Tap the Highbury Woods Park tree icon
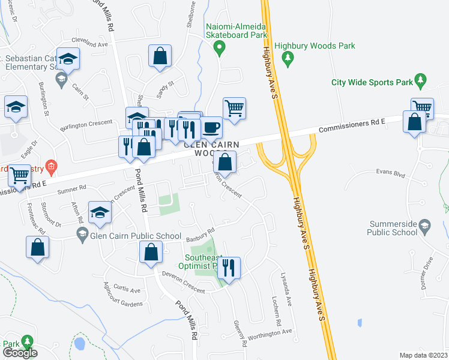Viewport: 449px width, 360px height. pyautogui.click(x=289, y=57)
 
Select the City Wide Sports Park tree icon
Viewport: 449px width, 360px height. pyautogui.click(x=421, y=79)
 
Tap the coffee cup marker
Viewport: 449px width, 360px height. pyautogui.click(x=211, y=127)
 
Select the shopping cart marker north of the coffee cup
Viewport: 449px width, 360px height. pyautogui.click(x=234, y=108)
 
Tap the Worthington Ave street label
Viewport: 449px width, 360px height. pyautogui.click(x=270, y=331)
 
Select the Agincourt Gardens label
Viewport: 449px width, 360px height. pyautogui.click(x=123, y=303)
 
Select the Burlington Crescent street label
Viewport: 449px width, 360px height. pyautogui.click(x=86, y=124)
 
